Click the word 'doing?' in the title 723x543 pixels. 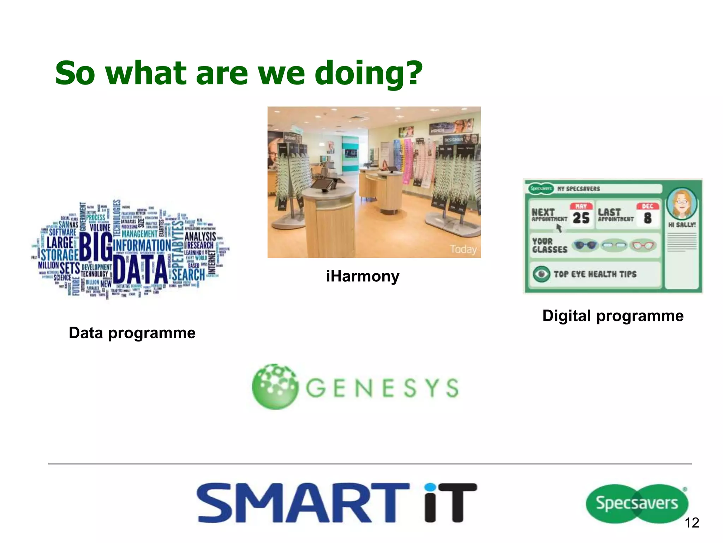coord(368,74)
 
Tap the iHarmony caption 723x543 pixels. coord(363,276)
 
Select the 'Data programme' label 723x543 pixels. coord(132,333)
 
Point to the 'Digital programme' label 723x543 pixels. coord(613,316)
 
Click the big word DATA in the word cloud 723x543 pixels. coord(141,269)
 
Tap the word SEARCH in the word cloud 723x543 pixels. coord(188,275)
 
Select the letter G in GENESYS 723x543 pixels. coord(316,388)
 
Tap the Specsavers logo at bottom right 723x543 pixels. coord(637,503)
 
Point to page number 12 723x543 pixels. coord(692,523)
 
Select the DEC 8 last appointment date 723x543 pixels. coord(647,215)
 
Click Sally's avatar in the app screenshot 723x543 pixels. coord(682,204)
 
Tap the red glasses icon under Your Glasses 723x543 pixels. coord(643,245)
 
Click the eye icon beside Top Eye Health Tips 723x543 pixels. coord(541,274)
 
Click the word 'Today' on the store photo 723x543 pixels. coord(463,249)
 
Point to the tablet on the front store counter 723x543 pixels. coord(322,185)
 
